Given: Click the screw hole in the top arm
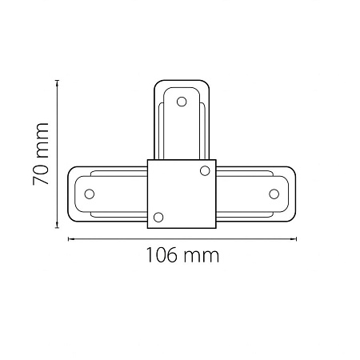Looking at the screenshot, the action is click(x=182, y=102).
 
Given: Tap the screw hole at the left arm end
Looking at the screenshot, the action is click(x=90, y=194).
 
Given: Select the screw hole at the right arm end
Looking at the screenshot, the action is click(x=274, y=194).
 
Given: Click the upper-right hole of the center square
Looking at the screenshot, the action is click(x=205, y=170).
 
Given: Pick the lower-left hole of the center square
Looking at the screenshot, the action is click(x=158, y=218).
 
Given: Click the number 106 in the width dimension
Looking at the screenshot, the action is click(x=162, y=255).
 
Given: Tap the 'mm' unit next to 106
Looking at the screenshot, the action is click(x=202, y=257).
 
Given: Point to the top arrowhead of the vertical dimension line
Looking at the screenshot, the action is click(x=57, y=82).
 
